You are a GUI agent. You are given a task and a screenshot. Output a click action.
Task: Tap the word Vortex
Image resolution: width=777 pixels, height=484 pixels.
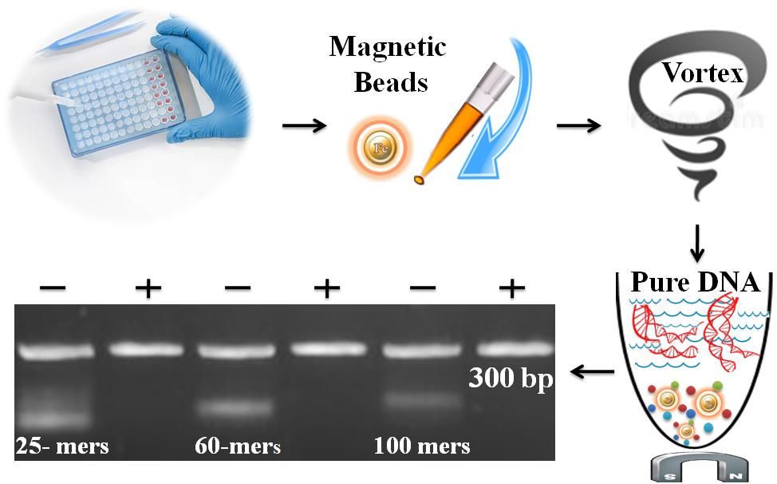pos(703,75)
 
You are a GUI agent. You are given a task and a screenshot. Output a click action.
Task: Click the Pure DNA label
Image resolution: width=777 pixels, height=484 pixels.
pos(694,283)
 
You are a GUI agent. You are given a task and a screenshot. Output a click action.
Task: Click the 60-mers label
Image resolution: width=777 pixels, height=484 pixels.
pos(237,445)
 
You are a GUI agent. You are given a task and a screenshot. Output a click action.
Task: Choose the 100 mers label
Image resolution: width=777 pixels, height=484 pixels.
pos(421,445)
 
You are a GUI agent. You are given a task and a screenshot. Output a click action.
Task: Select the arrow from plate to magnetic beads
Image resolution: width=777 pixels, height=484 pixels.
pos(306,125)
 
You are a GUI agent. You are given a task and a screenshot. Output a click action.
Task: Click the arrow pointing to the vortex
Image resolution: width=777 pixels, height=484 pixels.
pos(578,125)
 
